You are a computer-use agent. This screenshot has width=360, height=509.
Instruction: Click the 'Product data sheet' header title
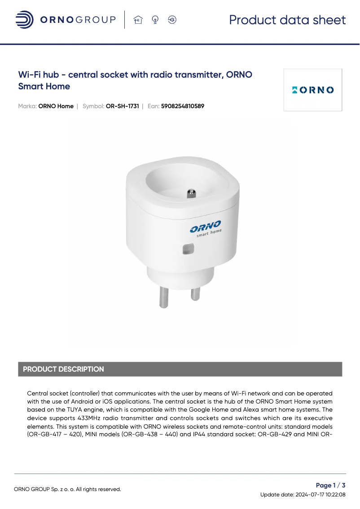click(x=287, y=20)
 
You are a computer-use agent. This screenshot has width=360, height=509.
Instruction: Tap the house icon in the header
click(x=138, y=20)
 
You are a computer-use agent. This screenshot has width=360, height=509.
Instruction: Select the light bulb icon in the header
click(x=155, y=20)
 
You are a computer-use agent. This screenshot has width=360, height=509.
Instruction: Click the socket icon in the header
click(x=172, y=20)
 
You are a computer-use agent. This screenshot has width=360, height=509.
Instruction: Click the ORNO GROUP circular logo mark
click(x=24, y=20)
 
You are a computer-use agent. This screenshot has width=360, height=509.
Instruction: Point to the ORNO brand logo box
click(x=313, y=90)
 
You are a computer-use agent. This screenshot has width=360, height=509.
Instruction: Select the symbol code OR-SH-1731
click(x=122, y=106)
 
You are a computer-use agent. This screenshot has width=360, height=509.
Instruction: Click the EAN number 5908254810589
click(x=183, y=106)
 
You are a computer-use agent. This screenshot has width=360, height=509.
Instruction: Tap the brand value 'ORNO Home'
click(x=56, y=106)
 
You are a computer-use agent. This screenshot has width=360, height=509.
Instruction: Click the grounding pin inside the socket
click(x=191, y=193)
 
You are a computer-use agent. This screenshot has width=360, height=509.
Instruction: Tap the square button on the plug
click(x=188, y=249)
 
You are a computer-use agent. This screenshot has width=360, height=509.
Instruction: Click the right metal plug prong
click(x=195, y=294)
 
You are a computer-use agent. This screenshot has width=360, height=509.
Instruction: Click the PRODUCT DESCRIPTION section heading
click(x=63, y=369)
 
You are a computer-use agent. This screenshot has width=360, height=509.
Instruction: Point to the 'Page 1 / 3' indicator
click(x=331, y=485)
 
